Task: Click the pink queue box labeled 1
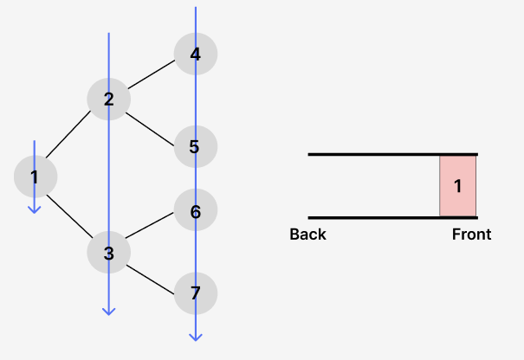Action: click(458, 186)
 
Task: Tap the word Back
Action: click(307, 235)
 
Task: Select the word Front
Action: click(471, 235)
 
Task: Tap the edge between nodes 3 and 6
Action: click(152, 229)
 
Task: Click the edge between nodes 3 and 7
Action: click(152, 276)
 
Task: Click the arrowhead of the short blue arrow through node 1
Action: click(35, 209)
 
